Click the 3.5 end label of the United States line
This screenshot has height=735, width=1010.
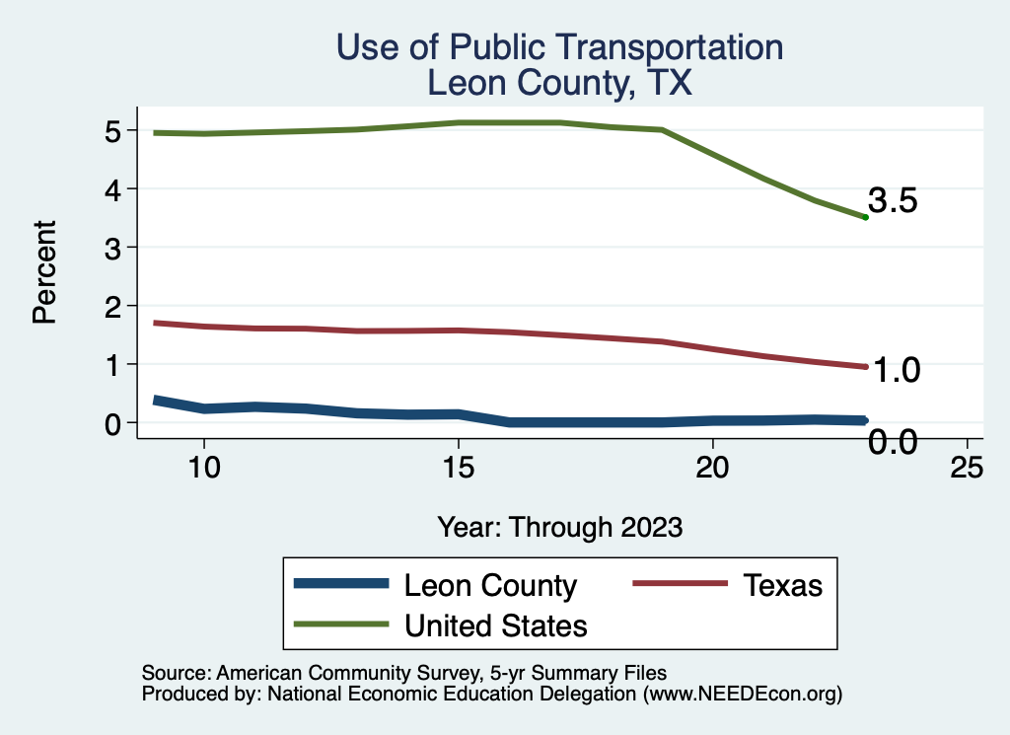pos(894,201)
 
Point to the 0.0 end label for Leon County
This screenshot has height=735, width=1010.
pos(894,443)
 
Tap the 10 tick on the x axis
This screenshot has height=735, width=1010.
pos(203,468)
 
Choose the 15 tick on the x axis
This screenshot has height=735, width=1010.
pos(458,468)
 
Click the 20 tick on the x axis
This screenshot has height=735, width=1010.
pos(712,468)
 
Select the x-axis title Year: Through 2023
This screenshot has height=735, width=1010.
pos(559,527)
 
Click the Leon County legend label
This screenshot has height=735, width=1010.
pos(490,585)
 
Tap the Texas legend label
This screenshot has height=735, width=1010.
pos(782,585)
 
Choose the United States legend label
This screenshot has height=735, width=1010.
pos(496,625)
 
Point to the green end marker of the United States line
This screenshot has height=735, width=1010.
pos(865,217)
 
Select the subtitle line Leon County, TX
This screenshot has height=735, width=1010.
pos(559,83)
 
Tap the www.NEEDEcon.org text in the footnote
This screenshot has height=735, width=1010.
pos(742,695)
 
